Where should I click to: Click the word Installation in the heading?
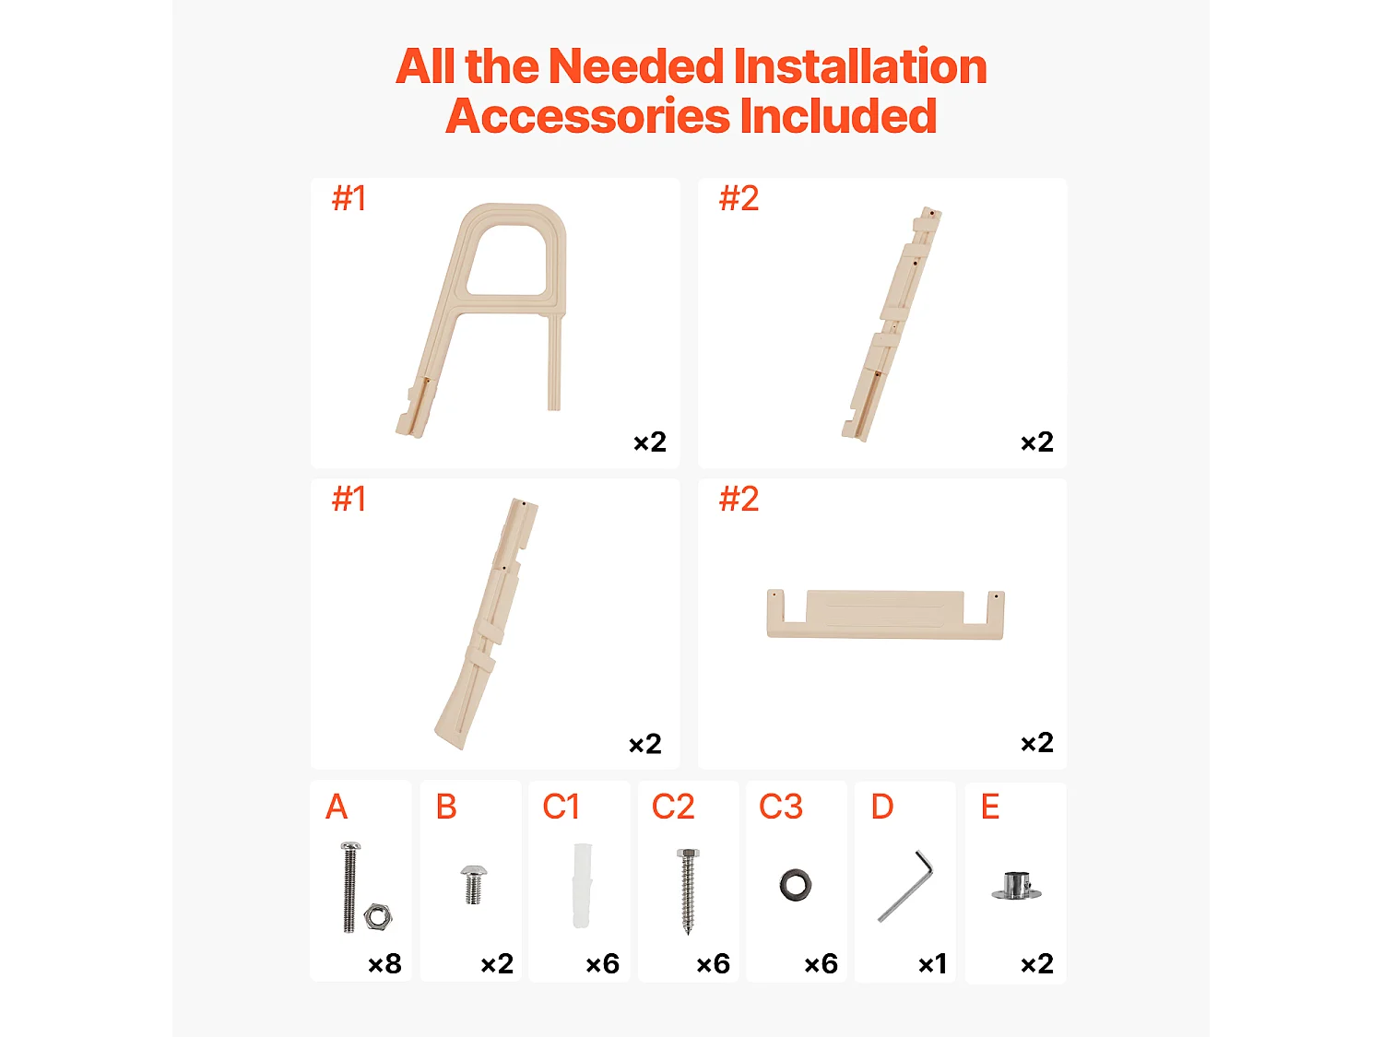(859, 66)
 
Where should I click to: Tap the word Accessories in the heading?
(588, 116)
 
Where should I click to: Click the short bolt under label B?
(473, 885)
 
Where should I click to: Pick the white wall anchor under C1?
(582, 885)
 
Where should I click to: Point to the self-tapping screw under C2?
(688, 890)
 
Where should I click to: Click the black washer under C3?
(796, 885)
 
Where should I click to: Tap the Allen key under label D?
(907, 885)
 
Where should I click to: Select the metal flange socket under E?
(1016, 886)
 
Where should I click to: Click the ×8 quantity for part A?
(385, 964)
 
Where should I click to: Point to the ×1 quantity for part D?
(932, 964)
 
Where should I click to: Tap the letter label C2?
(673, 807)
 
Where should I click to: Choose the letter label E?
(990, 807)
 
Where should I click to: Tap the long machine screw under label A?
(349, 887)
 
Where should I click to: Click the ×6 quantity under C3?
(821, 964)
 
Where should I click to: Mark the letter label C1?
(561, 807)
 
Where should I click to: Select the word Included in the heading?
(839, 116)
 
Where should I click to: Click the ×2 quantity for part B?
(497, 964)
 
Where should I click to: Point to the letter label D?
(882, 807)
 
